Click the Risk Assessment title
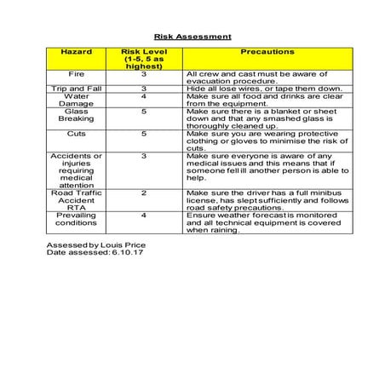(x=192, y=37)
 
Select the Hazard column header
(x=76, y=52)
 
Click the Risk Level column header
(x=143, y=59)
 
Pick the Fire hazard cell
(x=76, y=74)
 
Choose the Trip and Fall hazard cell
(x=76, y=89)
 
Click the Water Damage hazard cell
(x=76, y=100)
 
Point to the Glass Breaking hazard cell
(x=76, y=116)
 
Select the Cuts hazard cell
(x=76, y=134)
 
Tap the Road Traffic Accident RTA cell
(x=76, y=199)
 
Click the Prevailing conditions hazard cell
(x=76, y=221)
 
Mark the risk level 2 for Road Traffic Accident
(x=143, y=193)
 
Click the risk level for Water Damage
(x=143, y=96)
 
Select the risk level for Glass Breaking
(x=143, y=112)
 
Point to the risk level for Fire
(x=143, y=74)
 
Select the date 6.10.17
(x=125, y=252)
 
